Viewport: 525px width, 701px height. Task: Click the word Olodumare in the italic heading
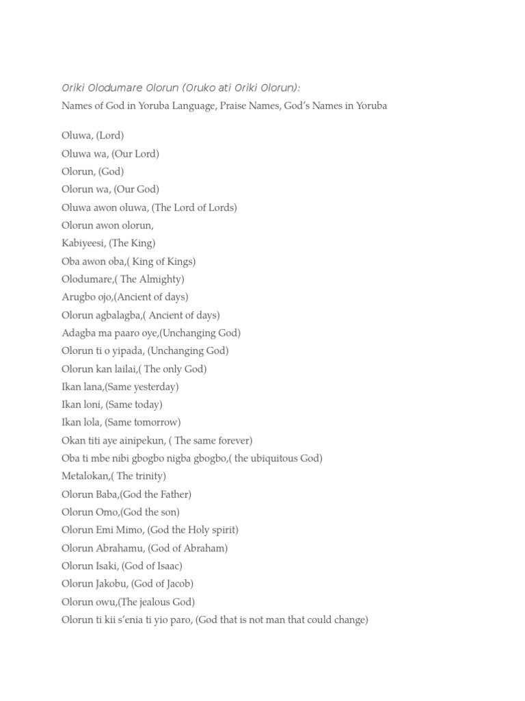[x=115, y=88]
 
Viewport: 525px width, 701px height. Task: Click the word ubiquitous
[x=274, y=458]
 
